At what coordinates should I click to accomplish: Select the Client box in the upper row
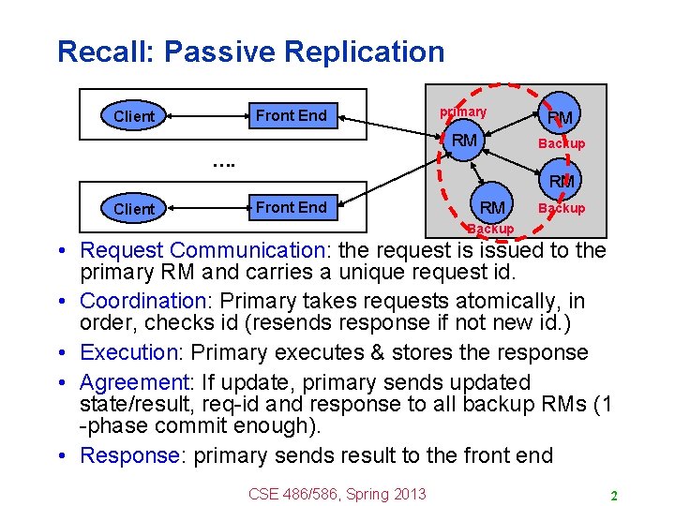tap(133, 116)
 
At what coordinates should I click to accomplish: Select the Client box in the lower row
tap(133, 208)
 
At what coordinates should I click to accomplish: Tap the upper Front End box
tap(291, 115)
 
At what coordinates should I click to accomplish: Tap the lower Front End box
tap(291, 207)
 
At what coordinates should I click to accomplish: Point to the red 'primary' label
tap(463, 112)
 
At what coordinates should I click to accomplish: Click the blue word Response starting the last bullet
tap(129, 455)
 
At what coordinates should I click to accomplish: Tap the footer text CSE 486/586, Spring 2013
tap(337, 494)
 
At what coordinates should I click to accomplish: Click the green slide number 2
tap(612, 495)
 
